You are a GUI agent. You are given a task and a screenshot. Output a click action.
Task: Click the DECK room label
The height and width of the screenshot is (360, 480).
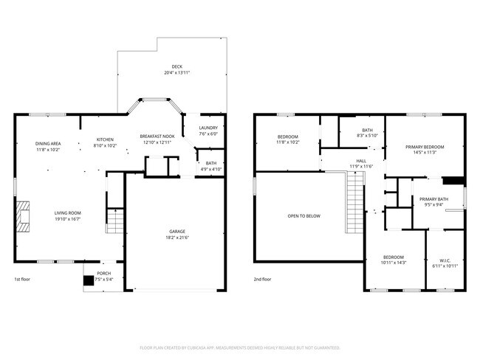point(176,69)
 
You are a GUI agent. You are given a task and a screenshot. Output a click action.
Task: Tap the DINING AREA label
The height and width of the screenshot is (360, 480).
point(47,146)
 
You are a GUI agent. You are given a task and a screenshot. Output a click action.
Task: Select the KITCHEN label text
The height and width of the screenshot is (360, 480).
point(105,142)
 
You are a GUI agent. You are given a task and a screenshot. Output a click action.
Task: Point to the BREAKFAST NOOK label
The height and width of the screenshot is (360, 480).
point(157,139)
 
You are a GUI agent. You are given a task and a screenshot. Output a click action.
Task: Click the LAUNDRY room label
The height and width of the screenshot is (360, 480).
point(208,131)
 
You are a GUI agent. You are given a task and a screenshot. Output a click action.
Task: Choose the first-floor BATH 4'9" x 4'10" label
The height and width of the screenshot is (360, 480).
point(211,166)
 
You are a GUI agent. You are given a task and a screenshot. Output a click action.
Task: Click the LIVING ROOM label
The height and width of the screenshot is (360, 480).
point(66,215)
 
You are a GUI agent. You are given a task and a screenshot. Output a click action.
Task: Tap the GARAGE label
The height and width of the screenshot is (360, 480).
point(176,235)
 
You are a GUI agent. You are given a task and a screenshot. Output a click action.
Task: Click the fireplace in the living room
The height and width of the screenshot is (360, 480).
point(24,216)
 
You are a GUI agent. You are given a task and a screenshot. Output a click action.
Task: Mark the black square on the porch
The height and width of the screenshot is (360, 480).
point(89,280)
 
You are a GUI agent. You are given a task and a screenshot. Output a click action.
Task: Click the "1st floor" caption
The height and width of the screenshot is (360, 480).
point(23,280)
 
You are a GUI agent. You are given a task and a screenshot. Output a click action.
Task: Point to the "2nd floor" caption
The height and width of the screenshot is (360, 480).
point(263,280)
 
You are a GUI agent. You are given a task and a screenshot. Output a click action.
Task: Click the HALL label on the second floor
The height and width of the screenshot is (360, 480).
point(361,163)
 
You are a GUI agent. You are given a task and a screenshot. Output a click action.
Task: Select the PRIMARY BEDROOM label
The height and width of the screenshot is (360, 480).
point(424,150)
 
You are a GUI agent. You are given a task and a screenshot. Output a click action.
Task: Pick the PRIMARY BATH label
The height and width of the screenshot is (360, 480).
point(433,202)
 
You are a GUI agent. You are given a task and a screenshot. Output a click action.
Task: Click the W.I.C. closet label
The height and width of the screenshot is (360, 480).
point(445,263)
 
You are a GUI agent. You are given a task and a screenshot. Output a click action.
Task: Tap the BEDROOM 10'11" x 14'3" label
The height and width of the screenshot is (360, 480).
point(394,260)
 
